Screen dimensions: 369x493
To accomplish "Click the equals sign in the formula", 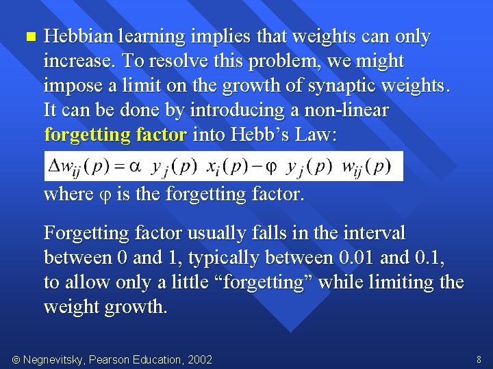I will click(122, 167).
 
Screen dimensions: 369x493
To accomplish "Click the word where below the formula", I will click(68, 194).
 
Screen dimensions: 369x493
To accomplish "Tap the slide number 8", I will click(479, 359).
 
